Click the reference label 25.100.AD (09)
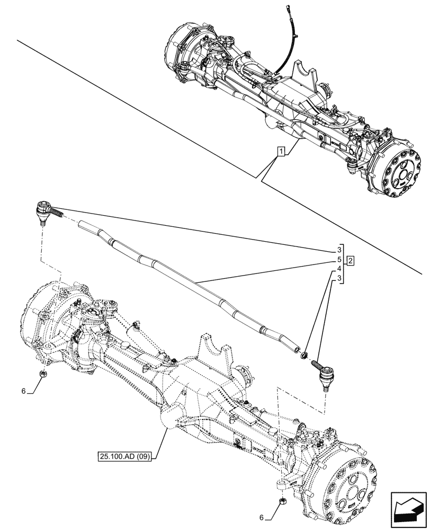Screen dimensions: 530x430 click(124, 456)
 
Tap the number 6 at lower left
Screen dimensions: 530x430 click(23, 391)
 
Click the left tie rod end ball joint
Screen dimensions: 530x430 click(43, 210)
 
